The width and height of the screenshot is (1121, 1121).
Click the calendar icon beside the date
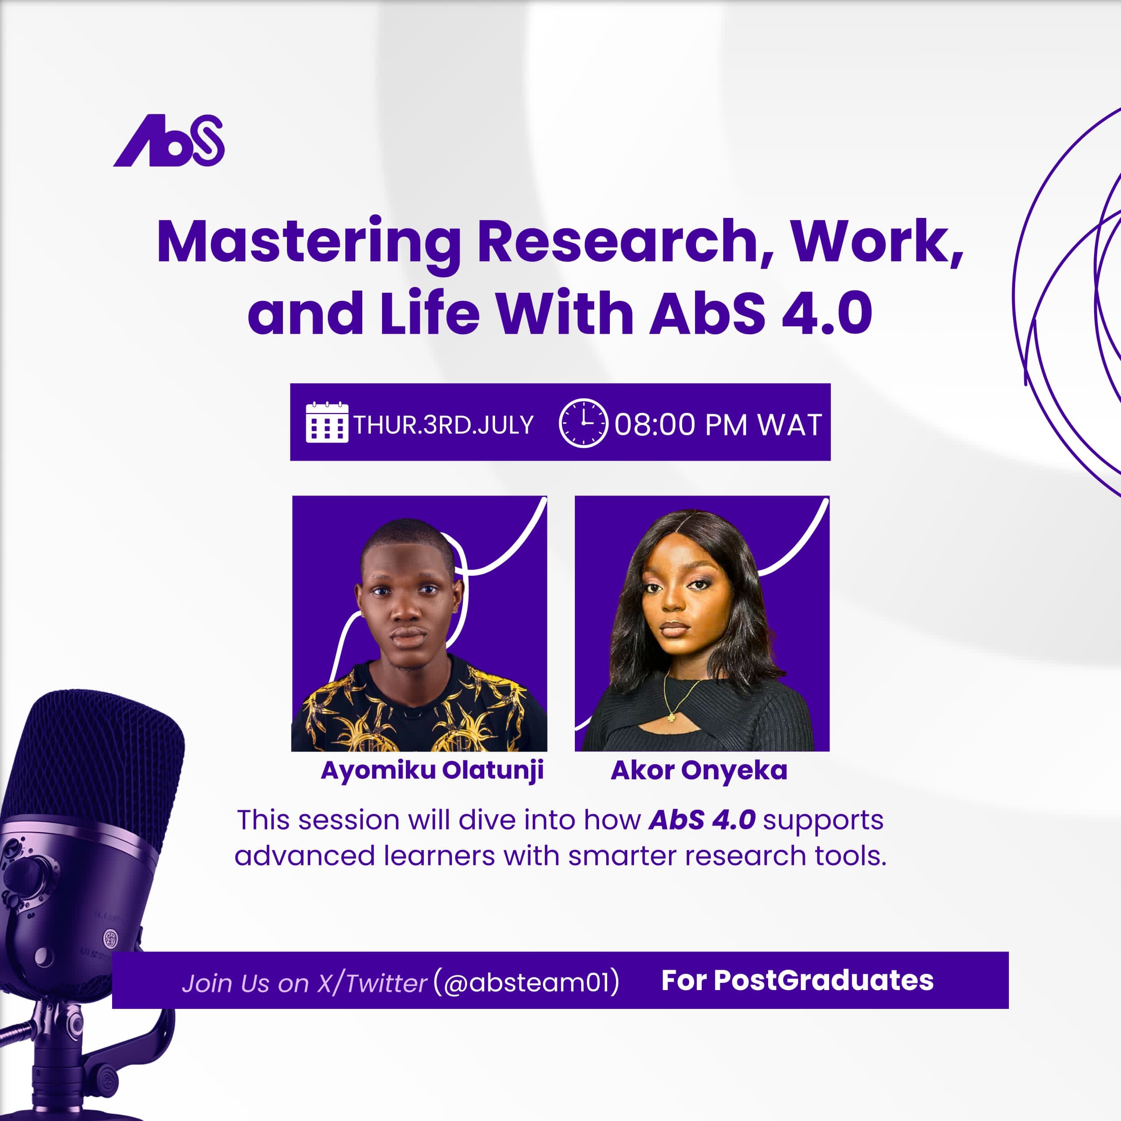(327, 422)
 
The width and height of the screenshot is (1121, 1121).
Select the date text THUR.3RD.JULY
(443, 425)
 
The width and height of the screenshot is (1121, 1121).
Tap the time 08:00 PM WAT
(718, 425)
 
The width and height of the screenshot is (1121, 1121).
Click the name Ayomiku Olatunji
(432, 770)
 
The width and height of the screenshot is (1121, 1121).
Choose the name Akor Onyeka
(699, 770)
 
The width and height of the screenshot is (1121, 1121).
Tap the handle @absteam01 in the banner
(526, 982)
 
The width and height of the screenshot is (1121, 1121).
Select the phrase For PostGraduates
(797, 981)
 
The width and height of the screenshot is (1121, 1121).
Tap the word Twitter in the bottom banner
(387, 983)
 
